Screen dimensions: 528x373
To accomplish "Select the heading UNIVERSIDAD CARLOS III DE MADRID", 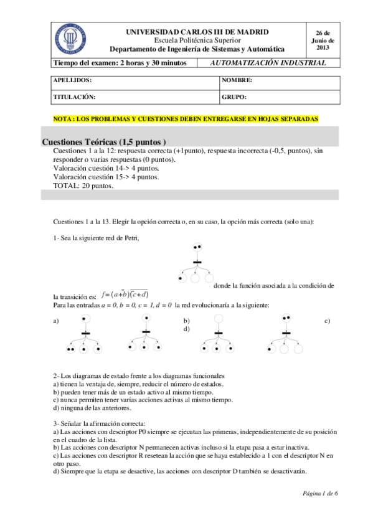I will tap(197, 31).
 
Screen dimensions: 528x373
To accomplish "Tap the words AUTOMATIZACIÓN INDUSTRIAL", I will tap(268, 63).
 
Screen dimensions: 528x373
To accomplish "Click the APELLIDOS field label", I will tap(73, 81).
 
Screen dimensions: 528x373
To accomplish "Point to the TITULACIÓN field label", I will tap(74, 97).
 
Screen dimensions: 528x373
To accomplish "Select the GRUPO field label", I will tap(234, 97).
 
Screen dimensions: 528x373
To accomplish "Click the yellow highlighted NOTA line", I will tap(186, 118).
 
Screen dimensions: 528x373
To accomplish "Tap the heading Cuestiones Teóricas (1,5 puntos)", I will tap(103, 141).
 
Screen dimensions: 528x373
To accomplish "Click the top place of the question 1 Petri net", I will tap(197, 247).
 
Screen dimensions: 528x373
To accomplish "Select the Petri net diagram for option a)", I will tap(83, 336).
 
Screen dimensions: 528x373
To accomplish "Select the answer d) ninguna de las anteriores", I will tap(92, 408).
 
